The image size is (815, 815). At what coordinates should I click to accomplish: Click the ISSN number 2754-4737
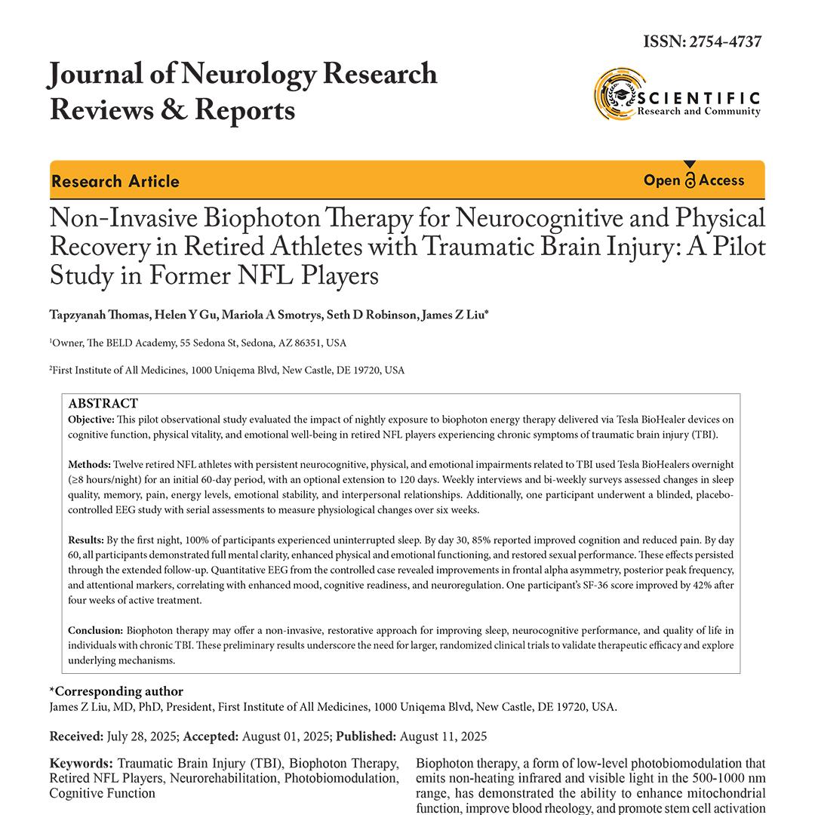coord(724,42)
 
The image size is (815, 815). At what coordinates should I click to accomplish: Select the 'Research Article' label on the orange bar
coord(115,181)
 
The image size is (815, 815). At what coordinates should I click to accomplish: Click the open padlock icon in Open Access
coord(690,180)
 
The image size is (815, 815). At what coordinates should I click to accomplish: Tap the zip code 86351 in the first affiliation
coord(296,343)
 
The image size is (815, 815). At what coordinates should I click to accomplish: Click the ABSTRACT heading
coord(103,404)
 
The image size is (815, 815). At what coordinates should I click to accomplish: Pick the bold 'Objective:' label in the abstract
coord(91,419)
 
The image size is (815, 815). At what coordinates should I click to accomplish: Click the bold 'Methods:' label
coord(89,464)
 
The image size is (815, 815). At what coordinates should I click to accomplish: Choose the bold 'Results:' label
coord(86,540)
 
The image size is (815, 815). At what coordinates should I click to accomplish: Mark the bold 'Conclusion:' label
coord(95,630)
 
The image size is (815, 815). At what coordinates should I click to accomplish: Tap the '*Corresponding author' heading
coord(116,691)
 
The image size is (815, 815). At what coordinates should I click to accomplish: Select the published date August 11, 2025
coord(443,736)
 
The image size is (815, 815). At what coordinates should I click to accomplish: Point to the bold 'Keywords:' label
coord(81,763)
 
